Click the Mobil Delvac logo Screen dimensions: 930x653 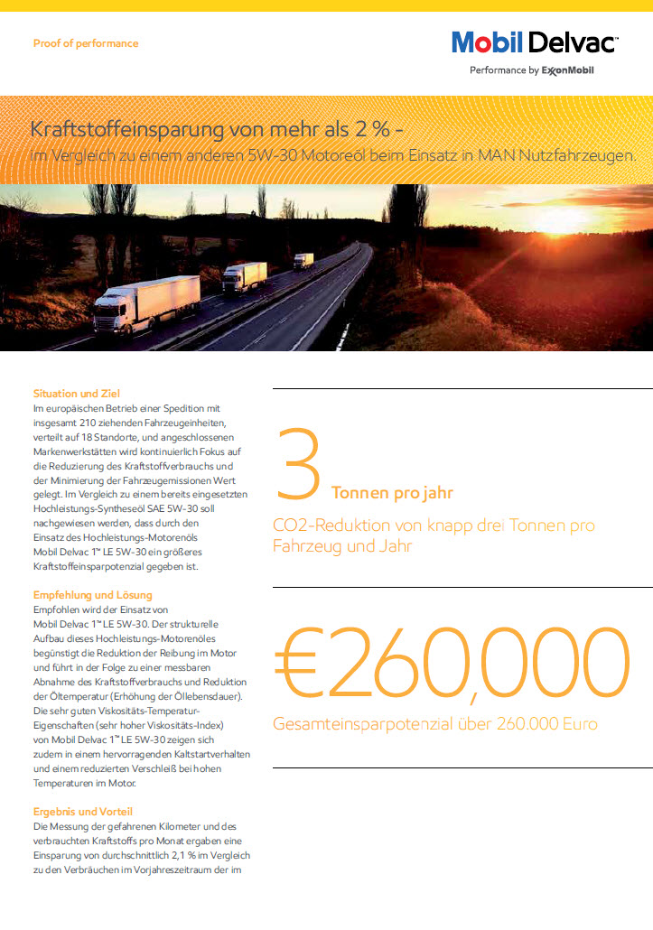point(534,42)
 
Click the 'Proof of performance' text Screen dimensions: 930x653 point(86,43)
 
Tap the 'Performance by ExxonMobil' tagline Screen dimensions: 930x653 point(532,70)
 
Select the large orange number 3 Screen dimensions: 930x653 point(297,466)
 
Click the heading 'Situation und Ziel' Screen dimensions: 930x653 point(77,394)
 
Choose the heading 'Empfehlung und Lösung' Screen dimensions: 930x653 point(93,595)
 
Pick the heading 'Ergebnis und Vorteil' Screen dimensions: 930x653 point(84,811)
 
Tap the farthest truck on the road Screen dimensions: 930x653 point(303,260)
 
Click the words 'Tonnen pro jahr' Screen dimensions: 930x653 point(392,493)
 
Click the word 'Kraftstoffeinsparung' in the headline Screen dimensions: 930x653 point(118,127)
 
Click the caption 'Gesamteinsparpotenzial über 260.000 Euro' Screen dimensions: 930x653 point(434,724)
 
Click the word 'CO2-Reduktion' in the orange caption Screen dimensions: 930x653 point(320,525)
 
